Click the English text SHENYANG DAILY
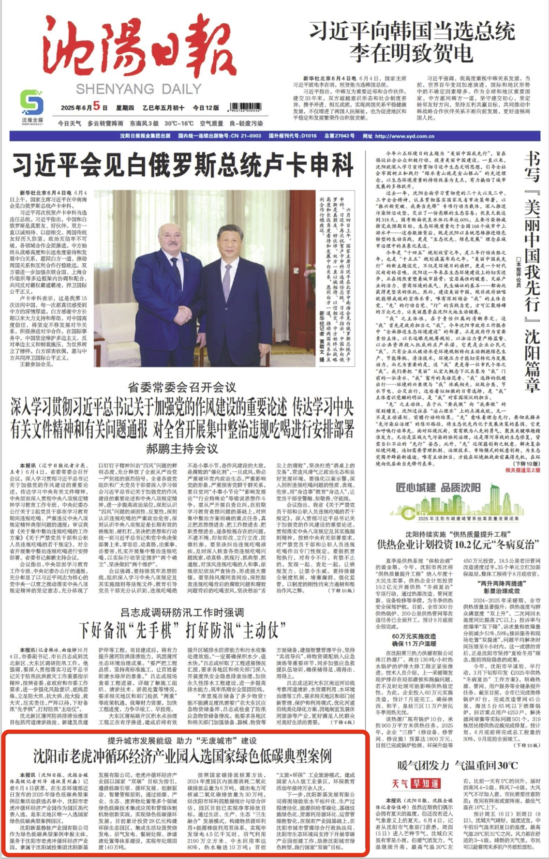[x=138, y=89]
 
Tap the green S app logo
[x=32, y=103]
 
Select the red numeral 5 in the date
[x=97, y=106]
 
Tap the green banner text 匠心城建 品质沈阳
[x=438, y=487]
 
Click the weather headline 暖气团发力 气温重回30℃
[x=458, y=765]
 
